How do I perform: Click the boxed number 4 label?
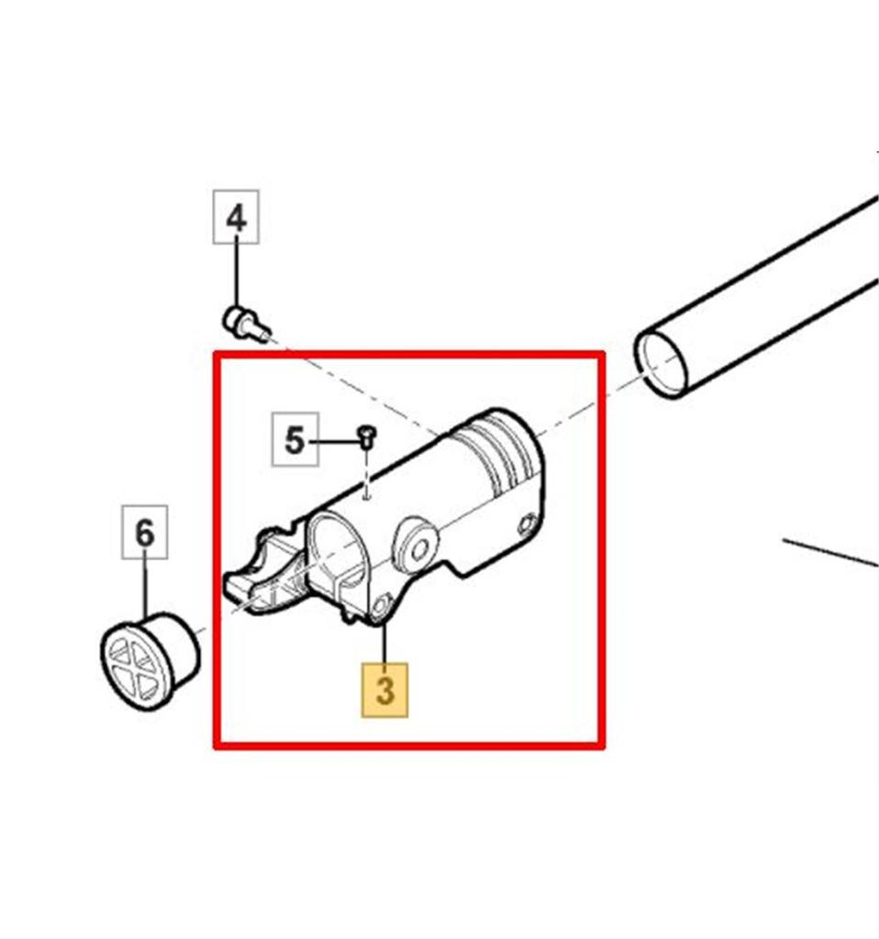(236, 216)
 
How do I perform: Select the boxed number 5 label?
(295, 439)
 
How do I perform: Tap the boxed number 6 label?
(144, 533)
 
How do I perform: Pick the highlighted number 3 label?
(384, 690)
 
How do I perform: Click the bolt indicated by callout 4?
(246, 324)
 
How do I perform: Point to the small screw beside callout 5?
(367, 436)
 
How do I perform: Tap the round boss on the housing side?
(415, 547)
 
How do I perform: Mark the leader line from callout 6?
(144, 589)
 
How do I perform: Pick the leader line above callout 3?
(384, 643)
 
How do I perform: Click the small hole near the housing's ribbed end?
(527, 524)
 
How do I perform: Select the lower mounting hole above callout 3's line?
(381, 606)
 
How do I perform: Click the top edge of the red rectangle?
(409, 355)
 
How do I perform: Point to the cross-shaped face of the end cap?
(137, 665)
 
